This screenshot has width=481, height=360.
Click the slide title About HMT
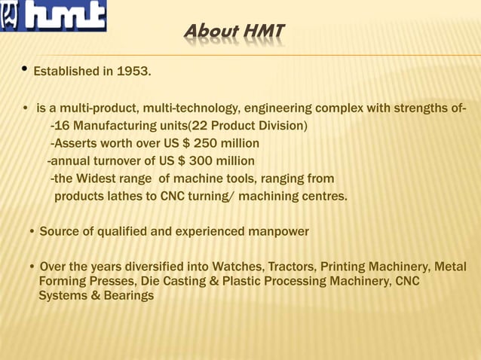click(x=234, y=32)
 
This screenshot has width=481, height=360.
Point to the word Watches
click(x=237, y=267)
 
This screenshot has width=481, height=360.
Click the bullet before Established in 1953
click(x=25, y=71)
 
